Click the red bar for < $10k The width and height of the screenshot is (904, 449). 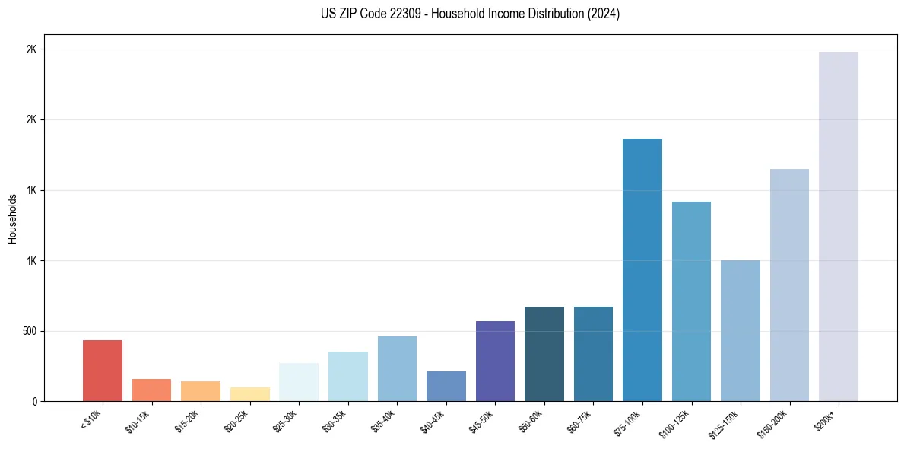[x=103, y=371]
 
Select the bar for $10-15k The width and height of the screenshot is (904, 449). [x=151, y=390]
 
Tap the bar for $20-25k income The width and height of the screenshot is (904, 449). [x=250, y=394]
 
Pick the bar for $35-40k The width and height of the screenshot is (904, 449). [x=397, y=368]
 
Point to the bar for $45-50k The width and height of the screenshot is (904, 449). [x=495, y=361]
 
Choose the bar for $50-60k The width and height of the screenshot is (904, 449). [x=544, y=354]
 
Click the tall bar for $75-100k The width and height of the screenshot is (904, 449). [x=642, y=269]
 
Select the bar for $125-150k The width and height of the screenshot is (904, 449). [x=741, y=330]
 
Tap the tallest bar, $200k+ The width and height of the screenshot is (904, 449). [x=839, y=226]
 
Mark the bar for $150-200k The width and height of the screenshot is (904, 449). [x=789, y=285]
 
